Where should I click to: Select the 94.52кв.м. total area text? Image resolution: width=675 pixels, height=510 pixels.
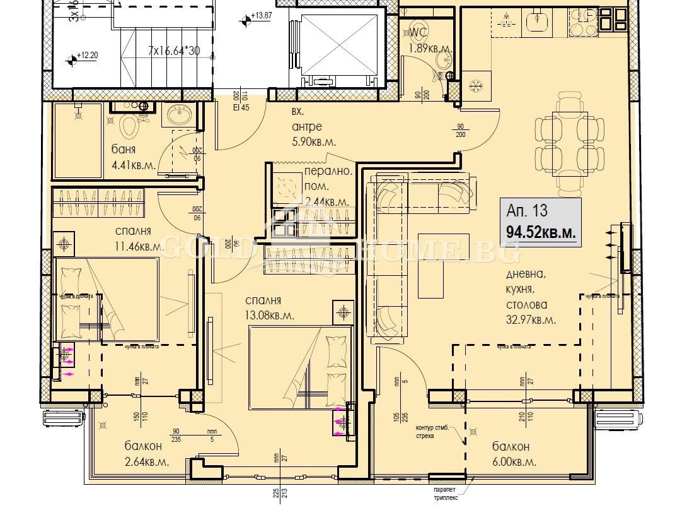pos(541,232)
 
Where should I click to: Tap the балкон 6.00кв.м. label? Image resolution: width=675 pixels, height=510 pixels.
pos(514,454)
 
